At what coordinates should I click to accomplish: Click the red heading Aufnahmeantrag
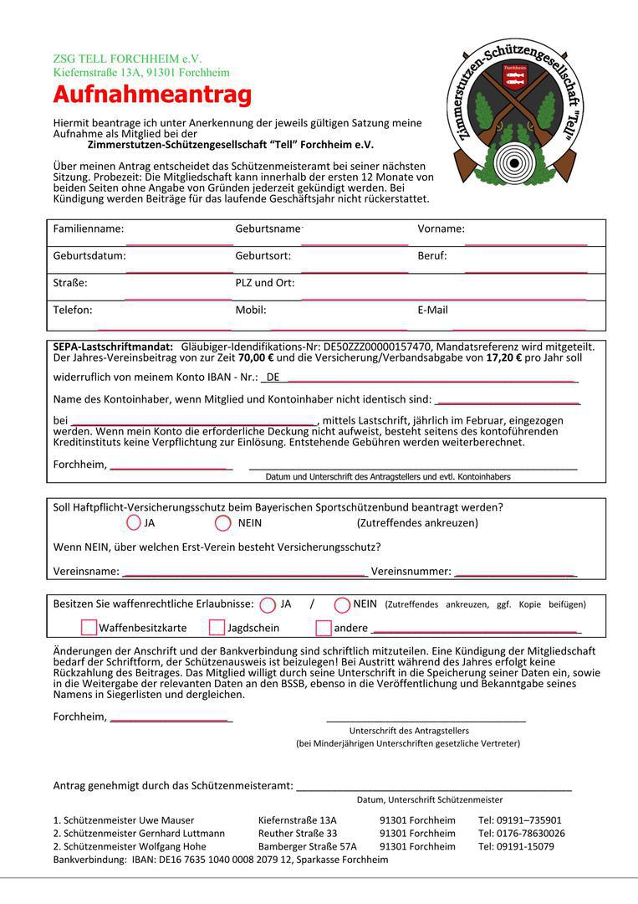click(x=152, y=95)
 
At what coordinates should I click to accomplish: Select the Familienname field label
click(x=88, y=229)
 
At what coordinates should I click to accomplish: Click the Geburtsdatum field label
click(x=89, y=255)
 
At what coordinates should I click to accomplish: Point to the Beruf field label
click(x=432, y=255)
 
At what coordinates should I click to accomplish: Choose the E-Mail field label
click(x=432, y=310)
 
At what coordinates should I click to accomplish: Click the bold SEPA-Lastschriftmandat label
click(x=113, y=347)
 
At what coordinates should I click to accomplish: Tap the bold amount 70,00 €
click(x=253, y=357)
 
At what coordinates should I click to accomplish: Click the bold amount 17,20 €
click(x=504, y=357)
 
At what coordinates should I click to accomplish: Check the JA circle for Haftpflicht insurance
click(x=134, y=523)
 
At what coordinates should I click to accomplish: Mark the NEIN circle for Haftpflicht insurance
click(x=222, y=523)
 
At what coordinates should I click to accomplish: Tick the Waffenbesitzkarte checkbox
click(x=89, y=627)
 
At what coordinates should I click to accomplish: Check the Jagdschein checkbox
click(x=217, y=627)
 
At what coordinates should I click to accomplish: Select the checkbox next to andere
click(x=324, y=627)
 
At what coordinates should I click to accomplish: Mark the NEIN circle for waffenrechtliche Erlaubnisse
click(x=342, y=604)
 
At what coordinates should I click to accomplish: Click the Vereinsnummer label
click(x=411, y=572)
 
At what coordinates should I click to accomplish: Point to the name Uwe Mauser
click(x=166, y=820)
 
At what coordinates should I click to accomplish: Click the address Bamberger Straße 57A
click(x=308, y=846)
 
